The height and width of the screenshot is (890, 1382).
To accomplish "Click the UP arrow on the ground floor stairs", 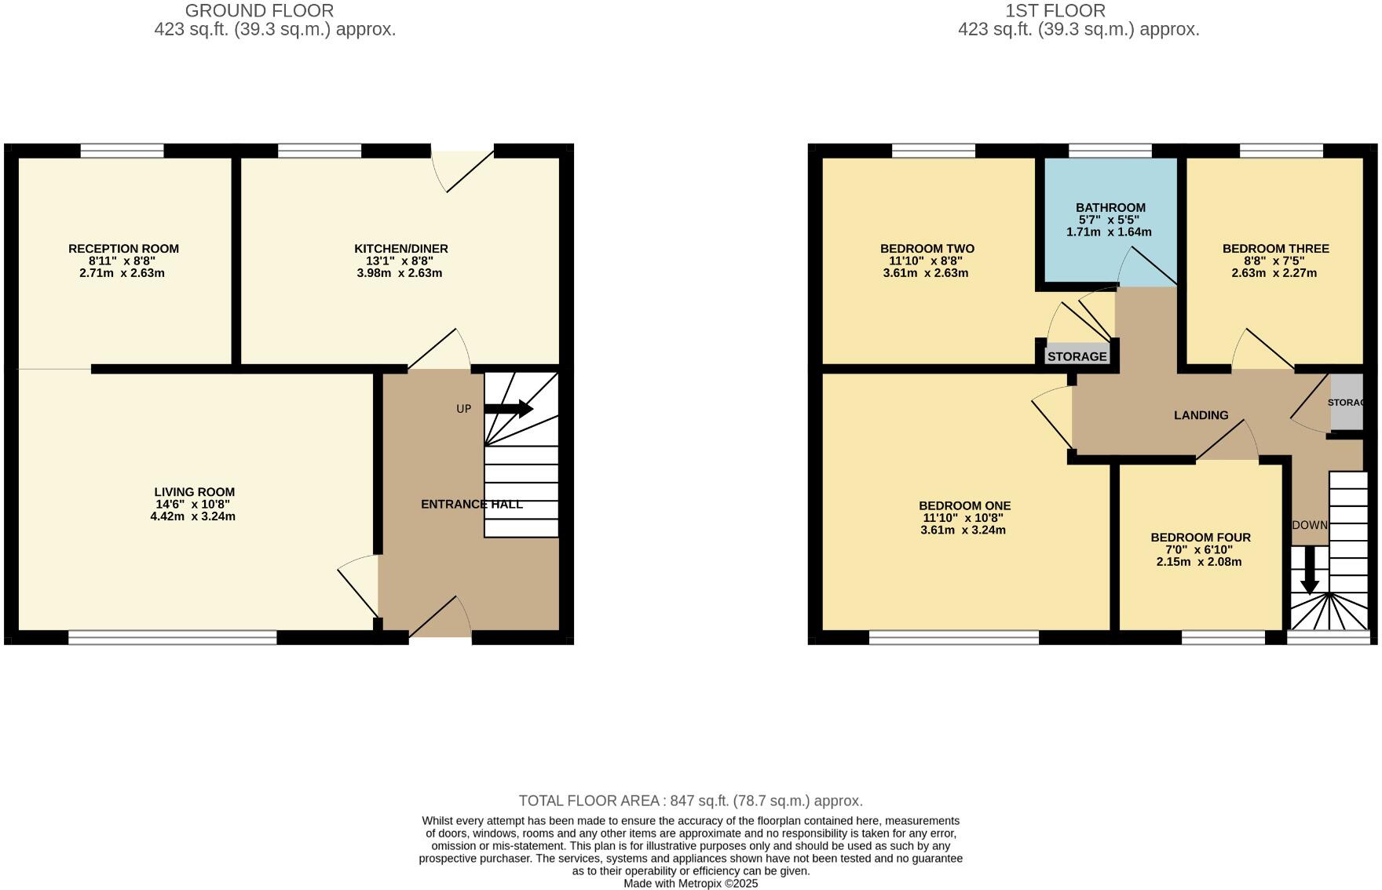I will (509, 409).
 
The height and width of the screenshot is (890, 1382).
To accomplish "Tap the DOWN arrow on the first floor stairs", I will (1309, 571).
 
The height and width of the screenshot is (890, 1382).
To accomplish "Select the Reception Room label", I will (123, 249).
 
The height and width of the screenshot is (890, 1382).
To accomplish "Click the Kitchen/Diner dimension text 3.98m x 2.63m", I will (400, 273).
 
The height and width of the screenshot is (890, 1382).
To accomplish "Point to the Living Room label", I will (194, 492).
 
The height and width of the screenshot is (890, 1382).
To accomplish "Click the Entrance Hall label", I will (471, 504).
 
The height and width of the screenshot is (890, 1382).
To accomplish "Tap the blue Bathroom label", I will (1110, 208).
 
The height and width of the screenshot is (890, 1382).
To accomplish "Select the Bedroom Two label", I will (927, 249).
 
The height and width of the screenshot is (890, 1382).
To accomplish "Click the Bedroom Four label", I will (1200, 538).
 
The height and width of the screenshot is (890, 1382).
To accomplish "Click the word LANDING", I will (1201, 415).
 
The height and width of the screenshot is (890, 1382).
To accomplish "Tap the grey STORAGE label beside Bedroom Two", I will (1077, 356).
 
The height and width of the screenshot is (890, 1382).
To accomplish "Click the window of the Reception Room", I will (122, 151).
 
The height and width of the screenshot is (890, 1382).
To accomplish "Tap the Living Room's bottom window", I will (173, 637).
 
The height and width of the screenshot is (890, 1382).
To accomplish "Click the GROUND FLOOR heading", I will (259, 11).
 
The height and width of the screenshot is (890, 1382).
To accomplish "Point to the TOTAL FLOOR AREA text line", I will (690, 801).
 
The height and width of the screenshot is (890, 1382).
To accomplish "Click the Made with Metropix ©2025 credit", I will (690, 883).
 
